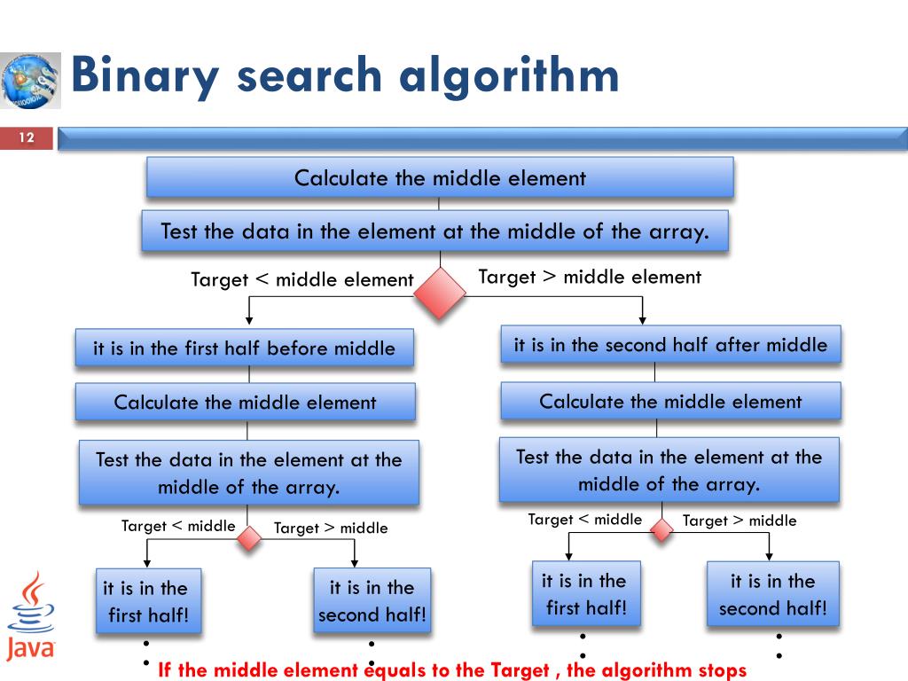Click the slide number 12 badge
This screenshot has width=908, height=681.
[27, 138]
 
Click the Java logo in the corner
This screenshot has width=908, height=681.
[30, 615]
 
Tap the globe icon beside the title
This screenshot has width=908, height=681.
[30, 80]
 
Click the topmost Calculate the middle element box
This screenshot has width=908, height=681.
[440, 177]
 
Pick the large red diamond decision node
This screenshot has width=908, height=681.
[441, 293]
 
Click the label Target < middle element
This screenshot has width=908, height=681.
[302, 280]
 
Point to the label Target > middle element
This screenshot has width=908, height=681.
[590, 277]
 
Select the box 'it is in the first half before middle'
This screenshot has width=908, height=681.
[245, 348]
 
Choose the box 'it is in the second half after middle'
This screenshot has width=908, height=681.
[670, 345]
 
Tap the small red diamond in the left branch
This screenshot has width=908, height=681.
[249, 537]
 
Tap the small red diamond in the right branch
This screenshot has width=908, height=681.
[661, 530]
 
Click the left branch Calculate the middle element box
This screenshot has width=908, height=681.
[245, 402]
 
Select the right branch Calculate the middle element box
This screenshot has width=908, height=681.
[670, 401]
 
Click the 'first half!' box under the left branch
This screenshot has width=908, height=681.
[148, 601]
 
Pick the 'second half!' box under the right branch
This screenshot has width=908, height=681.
[772, 594]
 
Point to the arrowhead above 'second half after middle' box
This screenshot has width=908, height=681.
[643, 320]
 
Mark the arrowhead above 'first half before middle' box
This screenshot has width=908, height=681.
[250, 320]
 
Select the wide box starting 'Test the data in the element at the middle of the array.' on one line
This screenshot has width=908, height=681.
[434, 231]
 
